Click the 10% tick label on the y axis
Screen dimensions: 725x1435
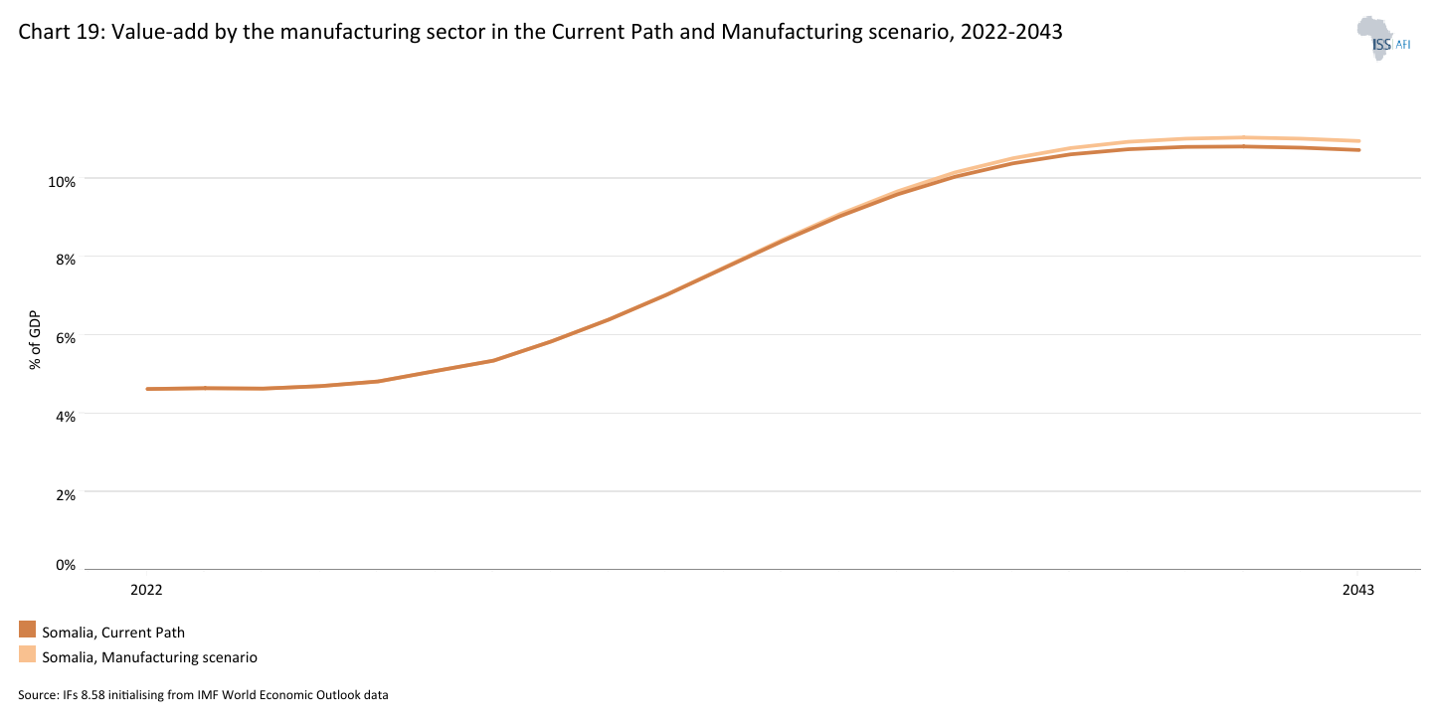coord(61,182)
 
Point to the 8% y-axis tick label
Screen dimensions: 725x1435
coord(65,261)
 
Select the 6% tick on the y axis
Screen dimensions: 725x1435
coord(65,338)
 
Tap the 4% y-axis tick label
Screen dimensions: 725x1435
coord(65,417)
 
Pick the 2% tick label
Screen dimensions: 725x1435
coord(65,494)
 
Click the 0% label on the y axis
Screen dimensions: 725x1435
coord(65,566)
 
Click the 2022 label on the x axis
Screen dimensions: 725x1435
coord(146,590)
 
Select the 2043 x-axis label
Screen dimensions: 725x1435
coord(1358,590)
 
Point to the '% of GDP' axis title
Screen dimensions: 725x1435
coord(36,339)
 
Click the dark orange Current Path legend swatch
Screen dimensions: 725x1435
coord(27,631)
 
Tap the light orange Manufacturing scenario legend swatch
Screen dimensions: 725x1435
coord(27,655)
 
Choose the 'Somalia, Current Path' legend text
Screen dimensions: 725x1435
coord(113,633)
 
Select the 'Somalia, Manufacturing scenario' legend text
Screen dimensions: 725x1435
coord(149,657)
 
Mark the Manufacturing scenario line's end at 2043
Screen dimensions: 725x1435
coord(1359,141)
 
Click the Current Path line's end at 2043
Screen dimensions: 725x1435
coord(1359,150)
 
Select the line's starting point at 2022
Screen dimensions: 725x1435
coord(147,389)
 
